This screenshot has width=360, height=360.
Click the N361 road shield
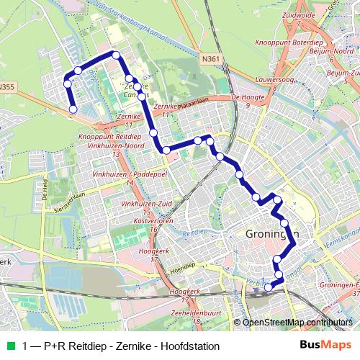(x=212, y=58)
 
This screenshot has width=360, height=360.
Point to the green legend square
(x=11, y=346)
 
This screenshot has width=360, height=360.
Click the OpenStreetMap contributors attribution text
(x=297, y=322)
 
